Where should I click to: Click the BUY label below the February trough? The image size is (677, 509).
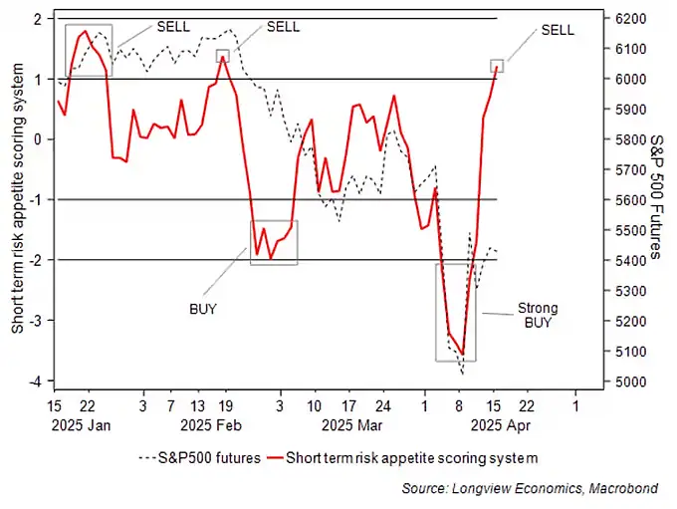pyautogui.click(x=203, y=309)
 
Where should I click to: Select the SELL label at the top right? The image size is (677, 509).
pyautogui.click(x=558, y=30)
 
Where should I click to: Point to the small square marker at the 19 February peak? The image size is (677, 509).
pyautogui.click(x=223, y=57)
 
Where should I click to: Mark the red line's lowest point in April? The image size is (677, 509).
pyautogui.click(x=462, y=354)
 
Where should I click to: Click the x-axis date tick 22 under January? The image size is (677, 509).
pyautogui.click(x=88, y=406)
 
